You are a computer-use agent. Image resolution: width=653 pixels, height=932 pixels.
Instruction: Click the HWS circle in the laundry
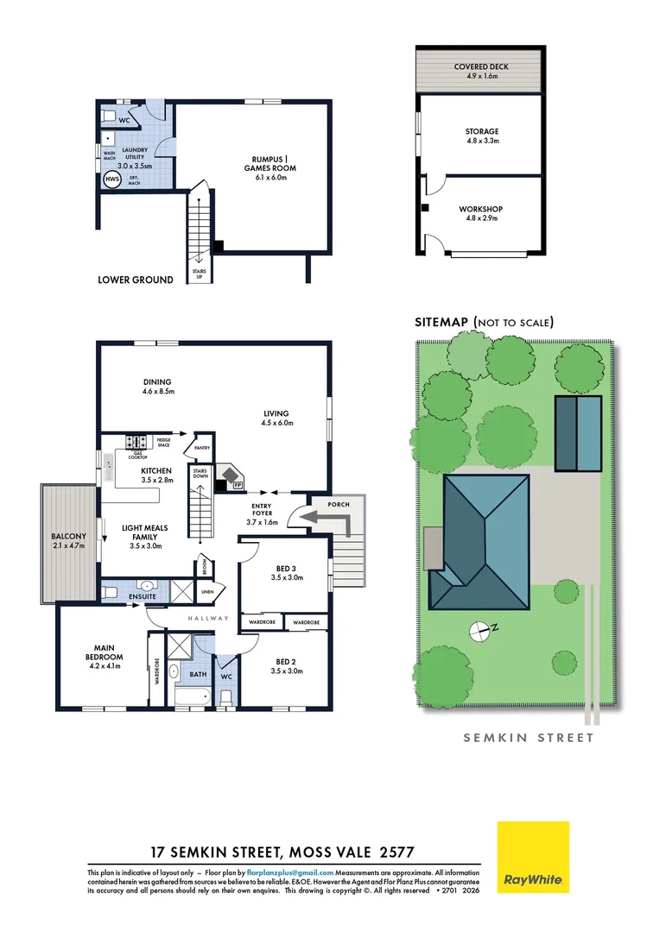coord(111,179)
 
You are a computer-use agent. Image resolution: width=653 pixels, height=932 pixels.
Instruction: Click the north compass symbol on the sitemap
coord(478,630)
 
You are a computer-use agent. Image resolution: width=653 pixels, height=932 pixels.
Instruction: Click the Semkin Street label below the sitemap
coord(529,738)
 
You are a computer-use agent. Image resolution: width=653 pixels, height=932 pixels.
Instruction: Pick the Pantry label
coord(204,449)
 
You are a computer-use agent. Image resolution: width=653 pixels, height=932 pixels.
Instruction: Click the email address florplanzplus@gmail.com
coord(289,873)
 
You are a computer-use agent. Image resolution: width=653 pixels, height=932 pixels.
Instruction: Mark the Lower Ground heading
coord(136,280)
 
